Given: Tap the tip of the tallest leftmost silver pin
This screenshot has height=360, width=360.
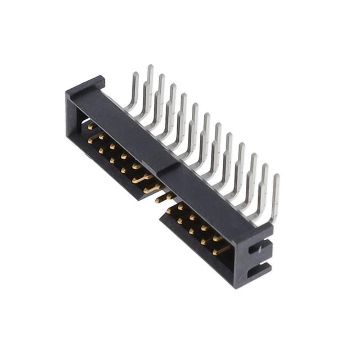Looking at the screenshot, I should tap(150, 68).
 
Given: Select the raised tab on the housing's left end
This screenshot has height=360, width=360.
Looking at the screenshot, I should tap(86, 86).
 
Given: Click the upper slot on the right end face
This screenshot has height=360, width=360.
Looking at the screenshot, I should tap(261, 248).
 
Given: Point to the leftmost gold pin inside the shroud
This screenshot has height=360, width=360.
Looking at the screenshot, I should tap(90, 127).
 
